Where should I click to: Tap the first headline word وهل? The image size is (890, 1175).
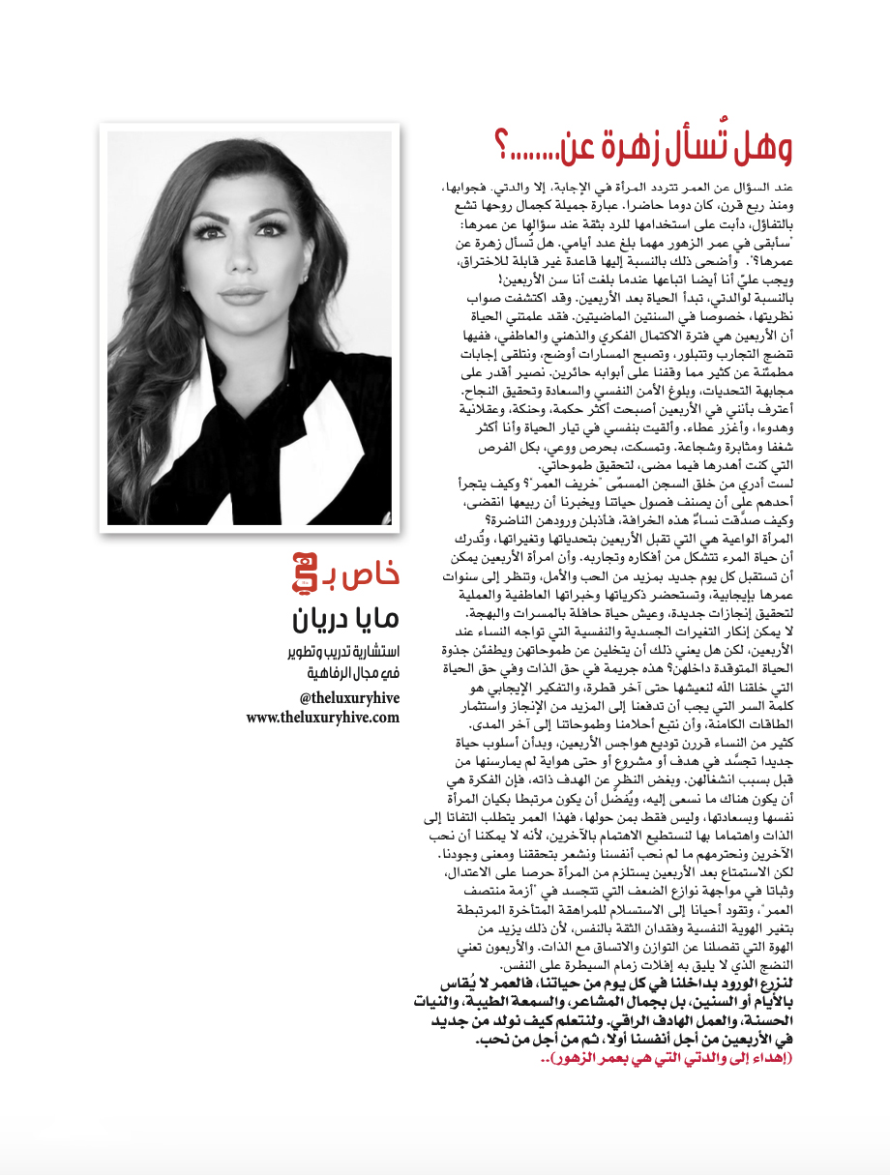759,148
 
